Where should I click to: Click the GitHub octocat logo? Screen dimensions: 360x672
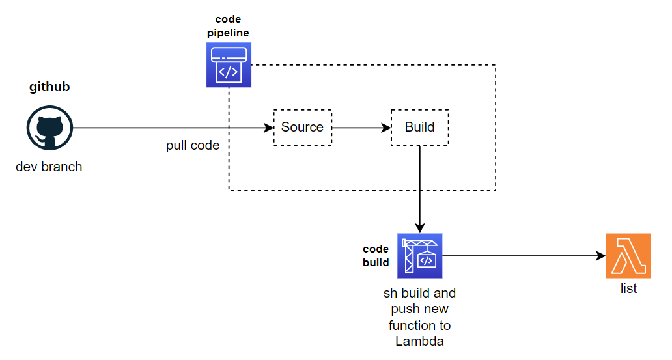click(49, 128)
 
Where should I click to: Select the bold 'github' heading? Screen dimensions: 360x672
click(49, 87)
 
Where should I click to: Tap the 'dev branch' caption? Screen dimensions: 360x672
click(49, 167)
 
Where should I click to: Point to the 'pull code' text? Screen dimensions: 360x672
click(193, 145)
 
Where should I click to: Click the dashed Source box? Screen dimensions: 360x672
click(302, 127)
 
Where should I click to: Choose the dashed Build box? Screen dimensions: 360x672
click(419, 127)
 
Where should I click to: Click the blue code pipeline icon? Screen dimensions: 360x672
click(229, 64)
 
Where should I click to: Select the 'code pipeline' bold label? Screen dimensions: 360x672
click(228, 26)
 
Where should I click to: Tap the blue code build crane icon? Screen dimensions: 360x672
click(419, 256)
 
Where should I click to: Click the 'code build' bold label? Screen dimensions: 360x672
click(376, 256)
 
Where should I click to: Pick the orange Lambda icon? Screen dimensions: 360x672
click(628, 256)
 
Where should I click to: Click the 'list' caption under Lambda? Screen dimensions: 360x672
click(628, 288)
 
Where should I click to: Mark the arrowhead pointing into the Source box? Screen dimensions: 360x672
click(269, 128)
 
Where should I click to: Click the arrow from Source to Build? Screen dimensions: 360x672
click(361, 128)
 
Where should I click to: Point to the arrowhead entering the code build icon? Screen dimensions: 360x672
click(420, 228)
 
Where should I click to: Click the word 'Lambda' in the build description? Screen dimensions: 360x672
click(419, 341)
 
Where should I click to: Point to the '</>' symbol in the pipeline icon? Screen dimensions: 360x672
click(227, 72)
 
